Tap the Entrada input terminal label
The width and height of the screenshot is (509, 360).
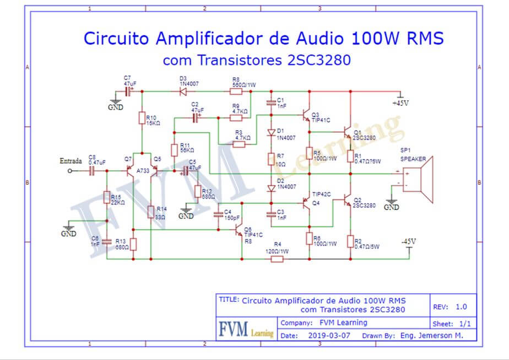tap(70, 161)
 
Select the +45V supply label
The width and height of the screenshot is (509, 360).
tap(400, 103)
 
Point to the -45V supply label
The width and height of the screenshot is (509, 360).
tap(408, 241)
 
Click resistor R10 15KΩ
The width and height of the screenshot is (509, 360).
tap(142, 117)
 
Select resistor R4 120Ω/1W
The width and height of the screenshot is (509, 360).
tap(277, 259)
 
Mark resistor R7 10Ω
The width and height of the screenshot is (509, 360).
tap(271, 159)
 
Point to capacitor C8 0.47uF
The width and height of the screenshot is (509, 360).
tap(92, 171)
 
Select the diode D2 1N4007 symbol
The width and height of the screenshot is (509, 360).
tap(271, 188)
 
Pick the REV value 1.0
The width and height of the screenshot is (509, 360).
tap(461, 307)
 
